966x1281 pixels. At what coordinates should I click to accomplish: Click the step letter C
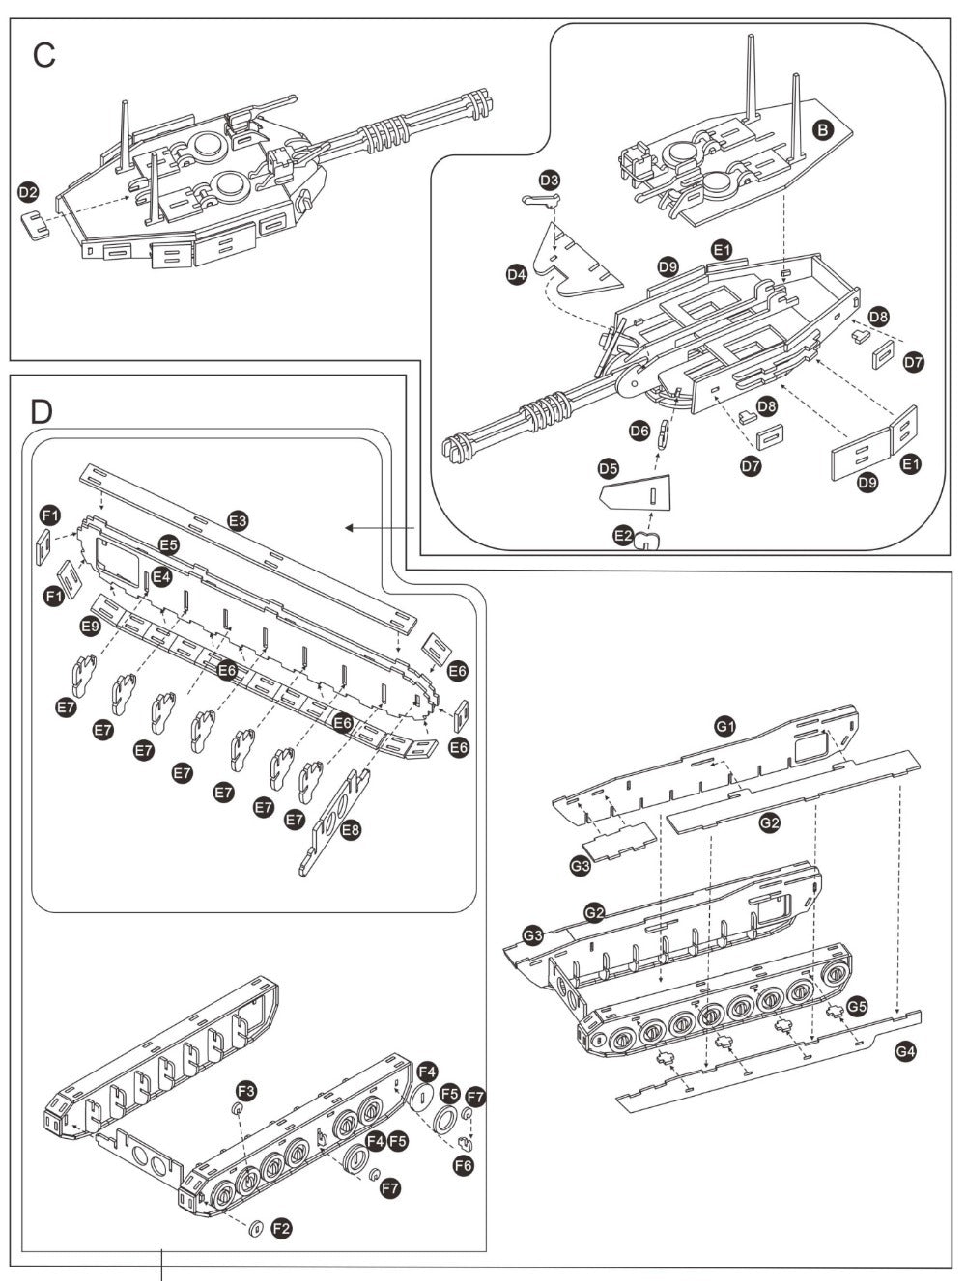(43, 56)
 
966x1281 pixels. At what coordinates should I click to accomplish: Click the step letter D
(42, 412)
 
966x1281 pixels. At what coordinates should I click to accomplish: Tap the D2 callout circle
(29, 194)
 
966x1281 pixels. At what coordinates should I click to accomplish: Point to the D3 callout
(550, 181)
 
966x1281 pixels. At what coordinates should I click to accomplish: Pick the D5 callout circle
(608, 469)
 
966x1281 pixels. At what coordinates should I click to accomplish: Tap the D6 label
(639, 432)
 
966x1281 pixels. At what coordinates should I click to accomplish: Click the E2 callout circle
(623, 534)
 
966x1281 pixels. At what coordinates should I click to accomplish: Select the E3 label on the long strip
(239, 521)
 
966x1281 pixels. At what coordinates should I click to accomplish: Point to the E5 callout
(169, 544)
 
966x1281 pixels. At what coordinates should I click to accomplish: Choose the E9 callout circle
(90, 627)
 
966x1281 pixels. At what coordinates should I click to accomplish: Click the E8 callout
(351, 829)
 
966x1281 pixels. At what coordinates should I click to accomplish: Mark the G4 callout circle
(904, 1052)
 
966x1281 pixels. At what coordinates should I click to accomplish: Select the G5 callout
(857, 1007)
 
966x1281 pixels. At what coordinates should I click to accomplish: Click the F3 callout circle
(247, 1091)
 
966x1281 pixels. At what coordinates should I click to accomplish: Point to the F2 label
(281, 1228)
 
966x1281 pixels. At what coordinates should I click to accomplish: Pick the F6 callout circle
(463, 1165)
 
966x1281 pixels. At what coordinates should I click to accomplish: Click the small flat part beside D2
(36, 226)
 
